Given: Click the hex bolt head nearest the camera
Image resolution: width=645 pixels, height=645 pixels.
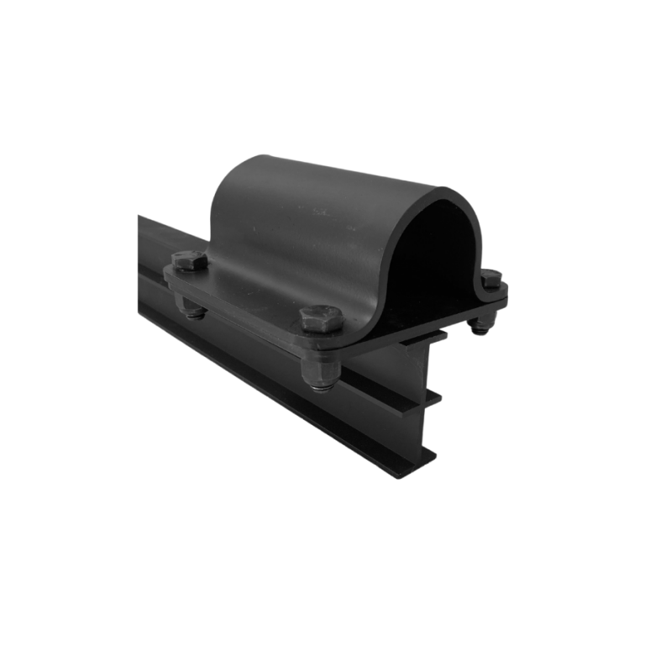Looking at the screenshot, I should (321, 318).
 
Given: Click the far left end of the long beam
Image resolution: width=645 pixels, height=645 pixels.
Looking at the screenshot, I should (143, 252).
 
